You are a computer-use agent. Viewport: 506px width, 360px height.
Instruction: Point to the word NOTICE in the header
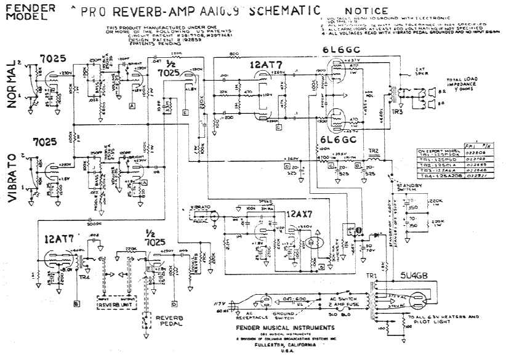[x=366, y=10]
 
